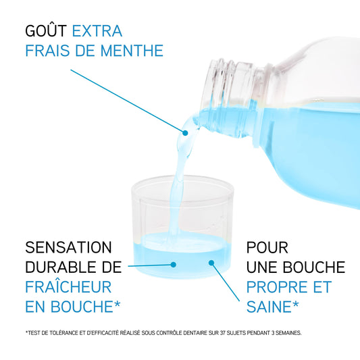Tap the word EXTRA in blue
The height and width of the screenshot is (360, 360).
pyautogui.click(x=97, y=31)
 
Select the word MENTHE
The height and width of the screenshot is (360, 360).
pyautogui.click(x=132, y=51)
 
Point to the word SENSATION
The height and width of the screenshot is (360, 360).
pyautogui.click(x=68, y=247)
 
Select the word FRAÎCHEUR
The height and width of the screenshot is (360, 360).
pyautogui.click(x=68, y=286)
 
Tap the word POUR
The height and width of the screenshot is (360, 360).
pyautogui.click(x=267, y=247)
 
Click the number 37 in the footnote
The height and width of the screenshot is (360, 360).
pyautogui.click(x=223, y=333)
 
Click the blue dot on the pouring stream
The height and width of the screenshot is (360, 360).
pyautogui.click(x=185, y=133)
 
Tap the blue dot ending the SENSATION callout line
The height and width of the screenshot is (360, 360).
pyautogui.click(x=174, y=265)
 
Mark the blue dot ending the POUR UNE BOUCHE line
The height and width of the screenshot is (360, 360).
pyautogui.click(x=211, y=263)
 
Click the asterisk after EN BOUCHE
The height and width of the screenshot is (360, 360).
pyautogui.click(x=117, y=304)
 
